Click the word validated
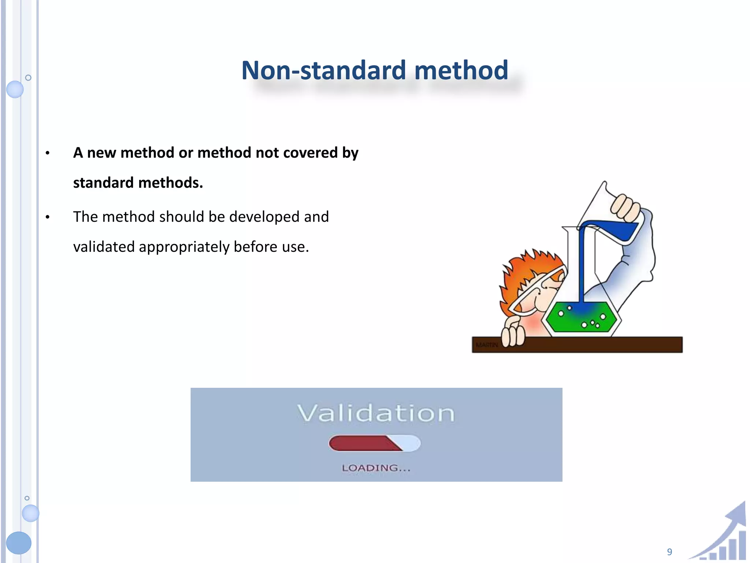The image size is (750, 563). click(104, 247)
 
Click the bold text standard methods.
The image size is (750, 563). click(138, 183)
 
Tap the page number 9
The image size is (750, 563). click(669, 552)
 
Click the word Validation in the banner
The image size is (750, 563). click(376, 413)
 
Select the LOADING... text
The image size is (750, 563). click(376, 468)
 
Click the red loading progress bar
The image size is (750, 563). click(363, 444)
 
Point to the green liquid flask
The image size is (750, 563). click(580, 317)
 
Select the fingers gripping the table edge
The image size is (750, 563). click(513, 335)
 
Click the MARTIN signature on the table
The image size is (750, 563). click(487, 345)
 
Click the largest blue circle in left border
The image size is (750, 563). click(19, 543)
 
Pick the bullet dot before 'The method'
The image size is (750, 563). click(48, 217)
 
